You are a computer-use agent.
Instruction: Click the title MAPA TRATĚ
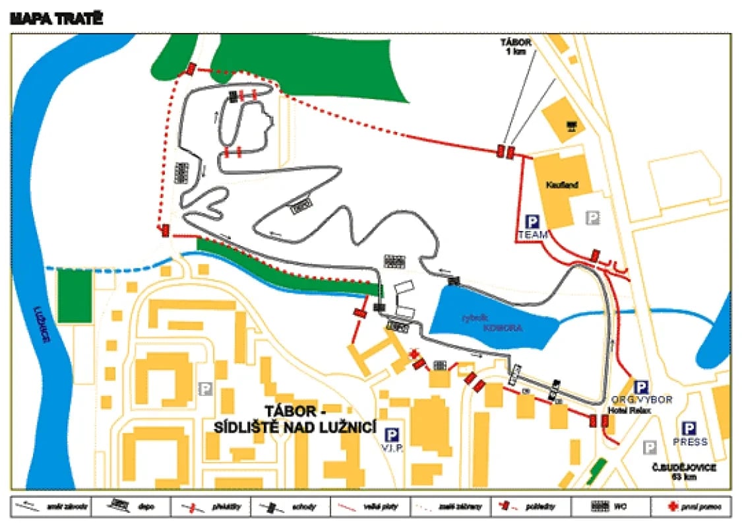56,19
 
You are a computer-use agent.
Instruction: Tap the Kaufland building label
561,185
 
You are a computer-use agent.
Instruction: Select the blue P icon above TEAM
532,222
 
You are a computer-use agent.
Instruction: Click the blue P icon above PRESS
691,429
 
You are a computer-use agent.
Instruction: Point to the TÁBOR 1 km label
516,46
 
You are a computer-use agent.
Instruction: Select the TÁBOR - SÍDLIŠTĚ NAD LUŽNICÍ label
295,419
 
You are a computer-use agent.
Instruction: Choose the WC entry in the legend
612,506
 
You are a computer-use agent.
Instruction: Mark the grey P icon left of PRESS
650,447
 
